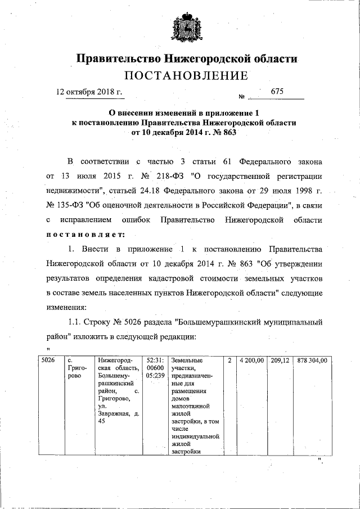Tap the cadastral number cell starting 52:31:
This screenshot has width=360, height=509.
pos(154,368)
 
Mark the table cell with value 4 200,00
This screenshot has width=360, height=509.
pos(251,360)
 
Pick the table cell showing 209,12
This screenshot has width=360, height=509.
pos(280,360)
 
